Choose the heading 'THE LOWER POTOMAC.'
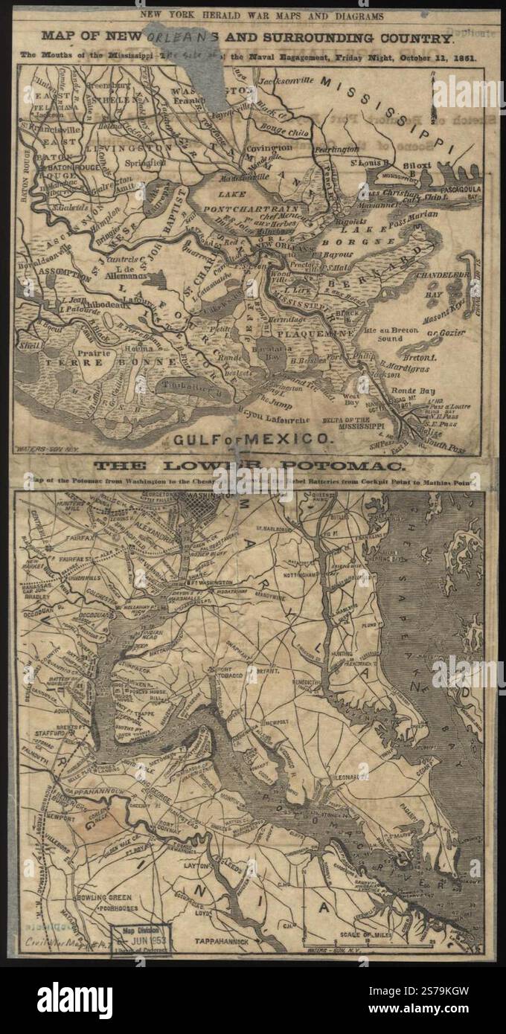250,467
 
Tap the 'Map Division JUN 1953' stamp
141,939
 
